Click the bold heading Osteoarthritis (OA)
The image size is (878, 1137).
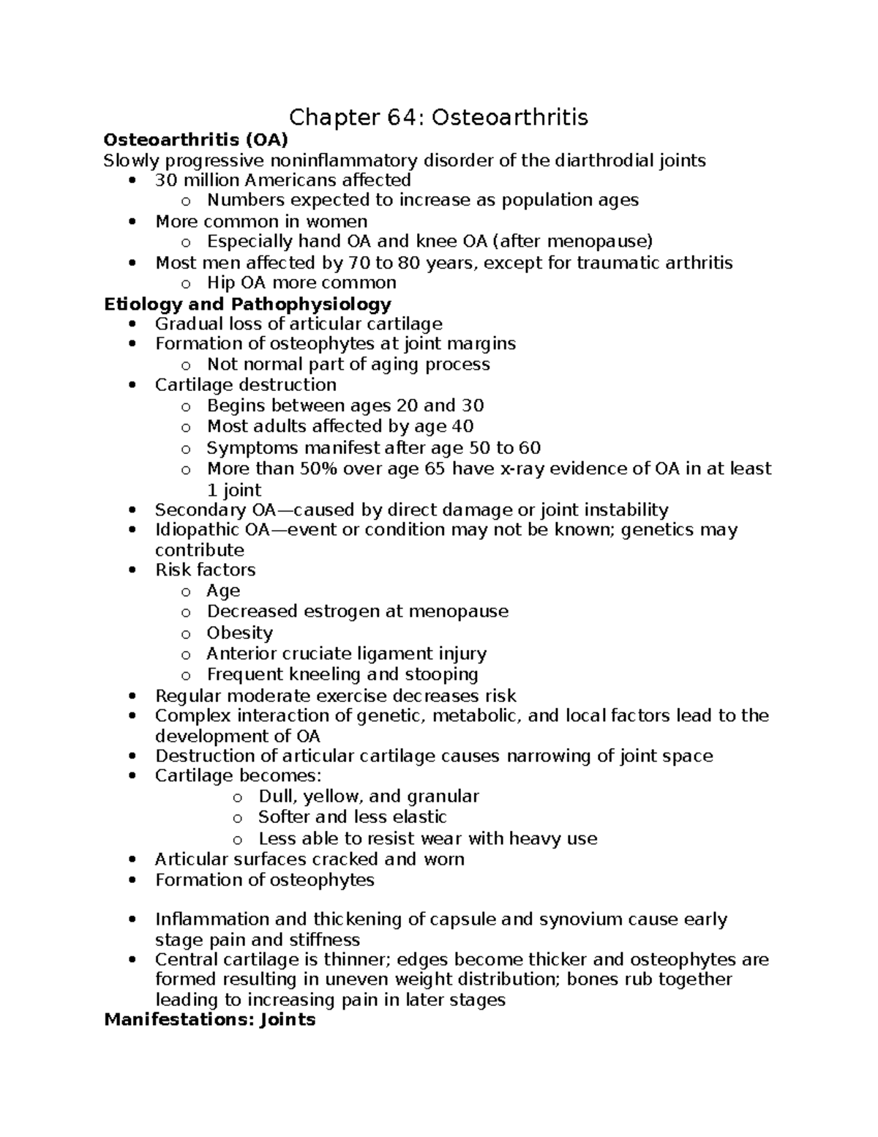195,140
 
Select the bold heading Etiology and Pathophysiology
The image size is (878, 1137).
247,304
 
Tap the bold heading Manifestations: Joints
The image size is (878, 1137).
209,1019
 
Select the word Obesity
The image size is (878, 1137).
239,633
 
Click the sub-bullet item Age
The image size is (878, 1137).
223,591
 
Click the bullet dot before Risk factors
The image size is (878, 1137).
132,570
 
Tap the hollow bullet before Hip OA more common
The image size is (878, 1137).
186,284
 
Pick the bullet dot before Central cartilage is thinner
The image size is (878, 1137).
132,960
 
